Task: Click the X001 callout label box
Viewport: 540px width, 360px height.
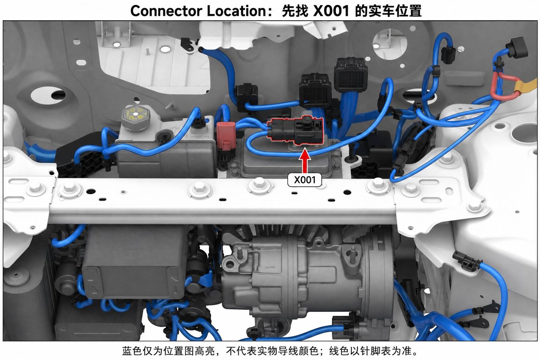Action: coord(304,180)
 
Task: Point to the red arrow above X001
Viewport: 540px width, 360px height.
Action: coord(305,160)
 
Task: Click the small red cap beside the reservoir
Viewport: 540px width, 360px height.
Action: coord(226,136)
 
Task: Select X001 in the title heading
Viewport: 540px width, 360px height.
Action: coord(331,11)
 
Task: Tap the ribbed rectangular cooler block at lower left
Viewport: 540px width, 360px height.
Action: coord(135,262)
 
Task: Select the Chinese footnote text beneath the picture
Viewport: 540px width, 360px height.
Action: coord(270,351)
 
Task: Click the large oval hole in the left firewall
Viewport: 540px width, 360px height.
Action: coord(48,95)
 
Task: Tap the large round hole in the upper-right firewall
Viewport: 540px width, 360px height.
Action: coord(390,45)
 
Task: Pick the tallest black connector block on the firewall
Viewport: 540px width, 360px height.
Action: coord(351,75)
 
